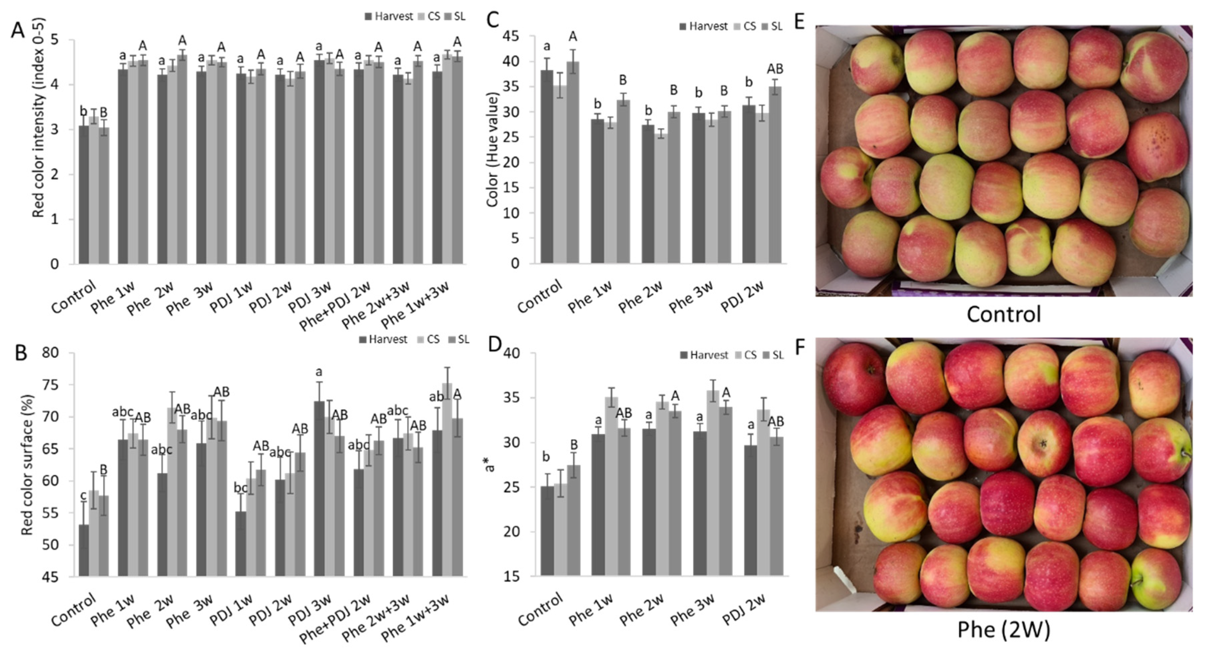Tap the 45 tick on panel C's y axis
tap(511, 36)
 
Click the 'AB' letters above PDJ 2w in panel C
tap(775, 69)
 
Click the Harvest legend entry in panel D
tap(704, 355)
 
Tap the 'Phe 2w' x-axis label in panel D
tap(642, 610)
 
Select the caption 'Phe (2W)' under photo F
tap(1003, 629)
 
